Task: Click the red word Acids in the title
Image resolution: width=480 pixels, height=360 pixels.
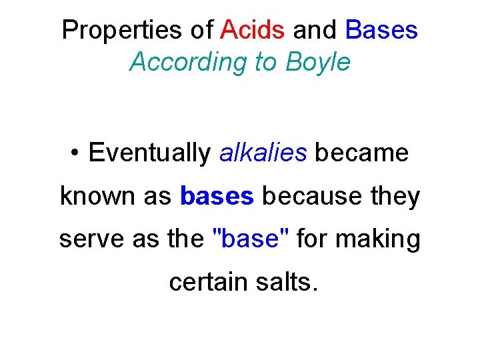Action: tap(253, 29)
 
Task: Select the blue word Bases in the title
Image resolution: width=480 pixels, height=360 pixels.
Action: tap(381, 29)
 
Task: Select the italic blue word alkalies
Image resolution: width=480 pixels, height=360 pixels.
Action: tap(263, 153)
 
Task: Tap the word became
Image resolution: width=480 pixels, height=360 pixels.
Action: tap(361, 153)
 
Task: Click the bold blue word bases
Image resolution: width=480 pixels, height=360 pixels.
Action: tap(217, 197)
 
